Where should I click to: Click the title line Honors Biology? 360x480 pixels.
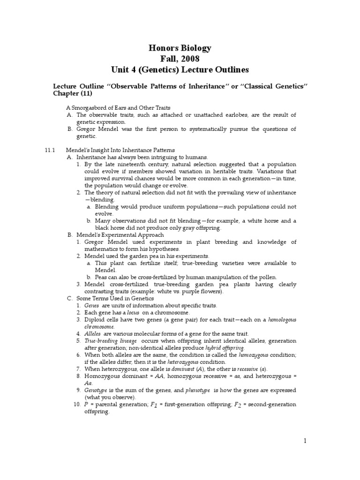pos(180,48)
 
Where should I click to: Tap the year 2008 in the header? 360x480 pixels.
pos(190,59)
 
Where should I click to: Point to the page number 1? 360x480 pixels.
pos(304,441)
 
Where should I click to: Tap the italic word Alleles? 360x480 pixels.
pos(93,333)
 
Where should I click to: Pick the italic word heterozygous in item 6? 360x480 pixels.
pos(172,362)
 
